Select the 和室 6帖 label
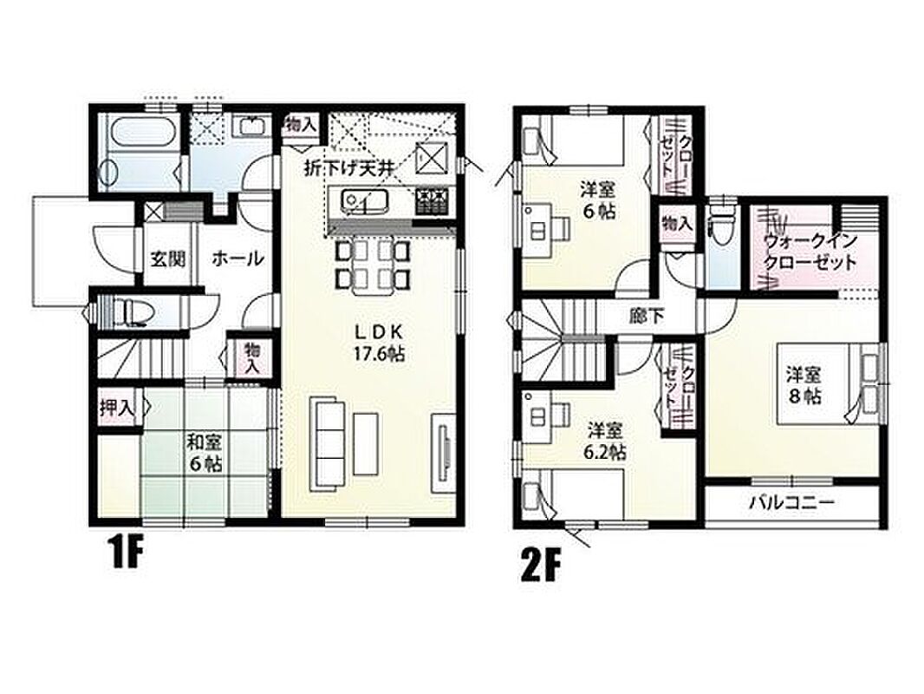[x=205, y=451]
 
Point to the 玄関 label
[x=168, y=259]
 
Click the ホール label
[x=238, y=259]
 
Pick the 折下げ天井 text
[x=348, y=168]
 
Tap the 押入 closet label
[x=117, y=407]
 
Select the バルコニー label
[x=792, y=503]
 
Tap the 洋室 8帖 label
[x=804, y=384]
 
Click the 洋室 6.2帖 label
[x=605, y=441]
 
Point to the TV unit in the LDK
[x=444, y=454]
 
